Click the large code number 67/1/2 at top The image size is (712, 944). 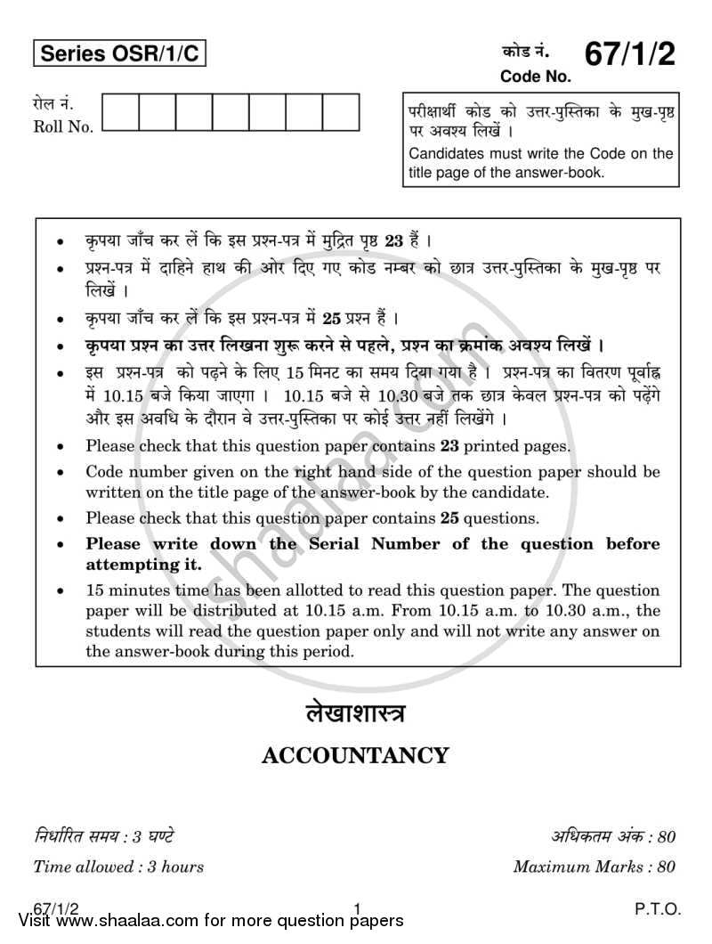click(628, 55)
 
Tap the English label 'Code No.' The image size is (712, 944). click(535, 77)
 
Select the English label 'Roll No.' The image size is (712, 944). click(63, 126)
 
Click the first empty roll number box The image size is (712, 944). click(120, 113)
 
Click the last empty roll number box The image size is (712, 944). click(341, 113)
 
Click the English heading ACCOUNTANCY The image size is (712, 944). click(355, 756)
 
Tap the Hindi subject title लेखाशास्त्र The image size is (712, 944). click(355, 712)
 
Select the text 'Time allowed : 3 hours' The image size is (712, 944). click(118, 866)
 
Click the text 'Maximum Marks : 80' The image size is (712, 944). click(595, 866)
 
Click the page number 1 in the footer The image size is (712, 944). click(357, 909)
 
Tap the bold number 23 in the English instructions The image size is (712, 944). click(450, 447)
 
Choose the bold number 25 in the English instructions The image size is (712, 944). click(450, 517)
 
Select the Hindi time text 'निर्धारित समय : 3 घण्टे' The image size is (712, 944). click(103, 836)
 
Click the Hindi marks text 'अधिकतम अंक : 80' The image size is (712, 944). click(614, 836)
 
